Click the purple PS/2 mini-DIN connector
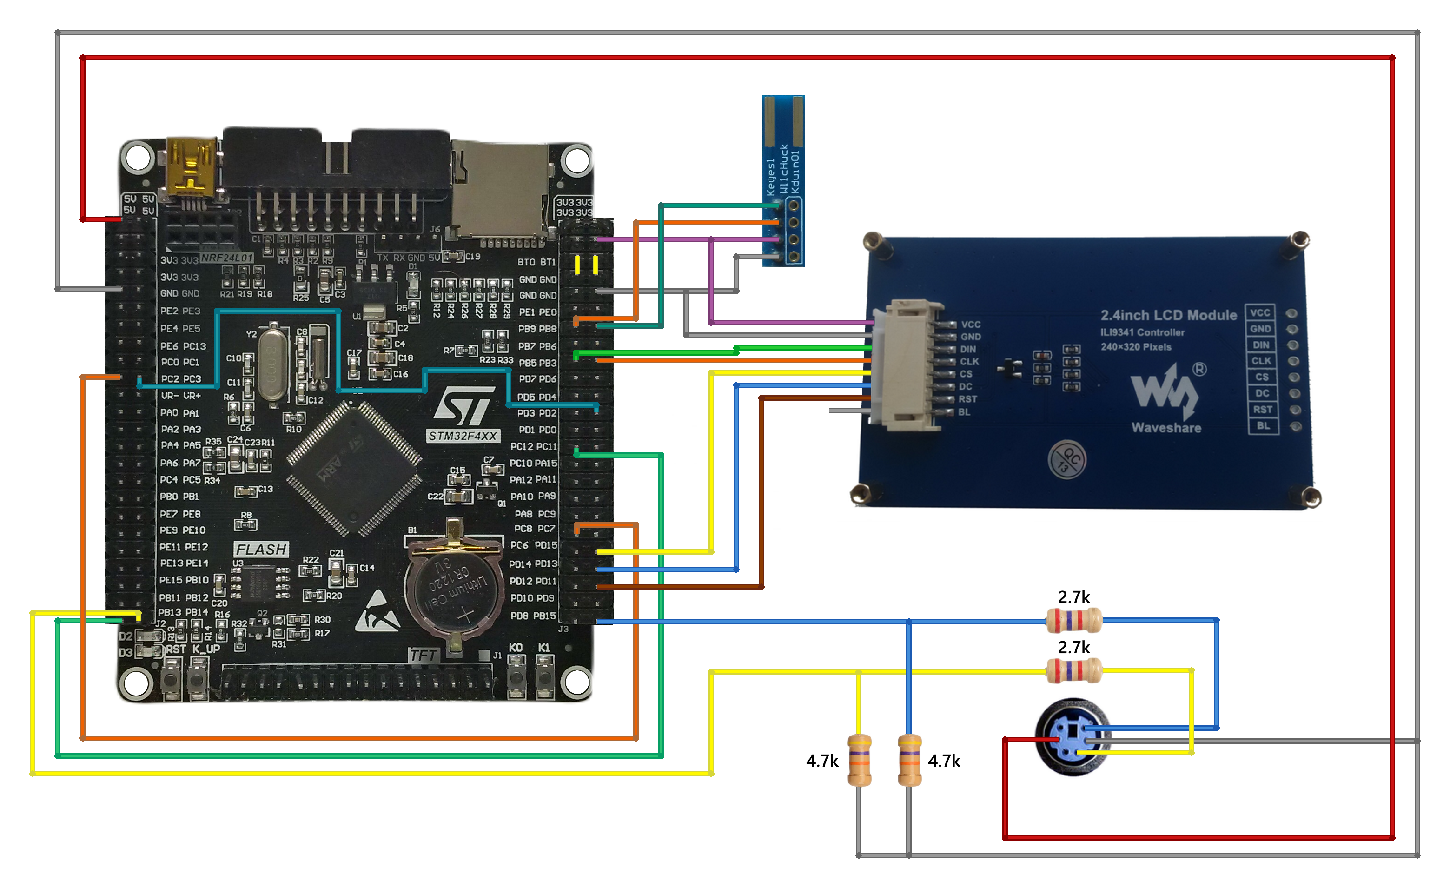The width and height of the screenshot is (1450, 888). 1072,737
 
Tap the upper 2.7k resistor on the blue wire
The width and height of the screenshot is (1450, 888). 1073,620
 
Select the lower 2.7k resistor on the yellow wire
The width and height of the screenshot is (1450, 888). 1073,670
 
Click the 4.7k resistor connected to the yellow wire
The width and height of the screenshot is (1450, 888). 859,760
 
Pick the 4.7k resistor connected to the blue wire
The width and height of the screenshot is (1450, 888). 909,760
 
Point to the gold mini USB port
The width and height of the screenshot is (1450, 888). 190,168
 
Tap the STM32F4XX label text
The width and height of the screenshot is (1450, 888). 463,436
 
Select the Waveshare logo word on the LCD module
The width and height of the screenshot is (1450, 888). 1166,428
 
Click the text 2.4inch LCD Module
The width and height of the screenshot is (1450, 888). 1168,315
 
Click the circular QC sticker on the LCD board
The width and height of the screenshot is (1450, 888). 1067,459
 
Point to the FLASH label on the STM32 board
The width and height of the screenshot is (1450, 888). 261,549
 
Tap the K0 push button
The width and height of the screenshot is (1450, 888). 516,677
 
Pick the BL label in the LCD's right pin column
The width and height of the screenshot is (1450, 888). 1263,425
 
